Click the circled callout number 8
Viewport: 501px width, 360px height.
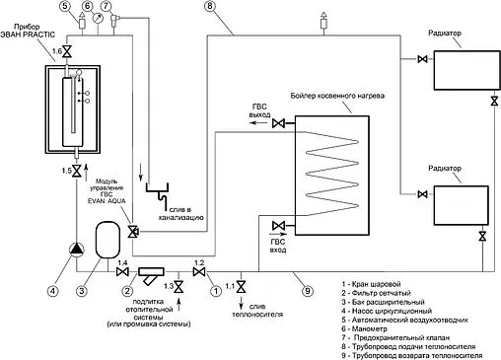point(210,6)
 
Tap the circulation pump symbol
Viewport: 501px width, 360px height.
point(77,250)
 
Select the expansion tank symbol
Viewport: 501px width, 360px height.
point(107,240)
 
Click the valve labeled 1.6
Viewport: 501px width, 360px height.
point(67,51)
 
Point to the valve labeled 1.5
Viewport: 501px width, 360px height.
point(77,171)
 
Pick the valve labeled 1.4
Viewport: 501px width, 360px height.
point(122,272)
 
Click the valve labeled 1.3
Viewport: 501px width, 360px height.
point(179,287)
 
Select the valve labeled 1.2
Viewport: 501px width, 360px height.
point(199,272)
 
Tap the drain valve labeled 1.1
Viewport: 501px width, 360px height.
point(241,287)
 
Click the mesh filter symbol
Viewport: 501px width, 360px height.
point(151,275)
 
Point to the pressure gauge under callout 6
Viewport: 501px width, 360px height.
point(98,18)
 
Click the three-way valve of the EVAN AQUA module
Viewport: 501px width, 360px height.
point(133,232)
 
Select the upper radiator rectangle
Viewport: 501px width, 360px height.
point(466,70)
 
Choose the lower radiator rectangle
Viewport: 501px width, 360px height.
point(461,205)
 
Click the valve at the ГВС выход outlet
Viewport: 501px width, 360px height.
point(278,123)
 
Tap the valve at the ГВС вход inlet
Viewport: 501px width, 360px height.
point(278,226)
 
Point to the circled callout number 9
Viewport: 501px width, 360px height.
point(308,291)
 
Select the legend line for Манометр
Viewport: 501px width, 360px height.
point(364,328)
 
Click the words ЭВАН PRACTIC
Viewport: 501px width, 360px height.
point(28,35)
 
